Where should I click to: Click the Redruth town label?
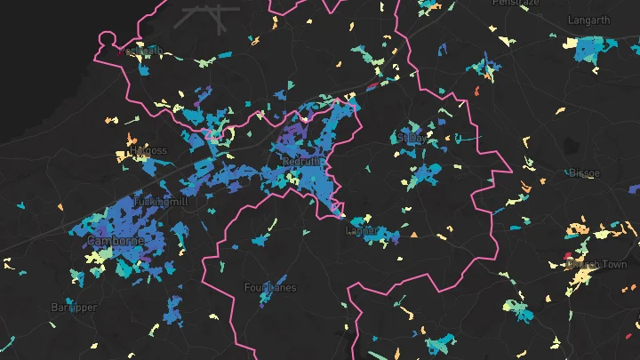pos(298,163)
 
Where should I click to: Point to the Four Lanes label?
pos(270,287)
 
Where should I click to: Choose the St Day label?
pos(412,138)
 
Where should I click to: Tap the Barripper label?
pos(74,307)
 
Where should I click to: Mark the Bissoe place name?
pos(582,172)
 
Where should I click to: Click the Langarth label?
pos(588,19)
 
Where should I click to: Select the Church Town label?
pos(596,264)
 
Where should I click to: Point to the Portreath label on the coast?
pos(141,52)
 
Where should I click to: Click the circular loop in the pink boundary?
pos(108,40)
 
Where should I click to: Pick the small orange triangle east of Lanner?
pos(413,235)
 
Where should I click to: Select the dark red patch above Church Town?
pos(566,256)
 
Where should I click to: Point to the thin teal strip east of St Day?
pos(465,139)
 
